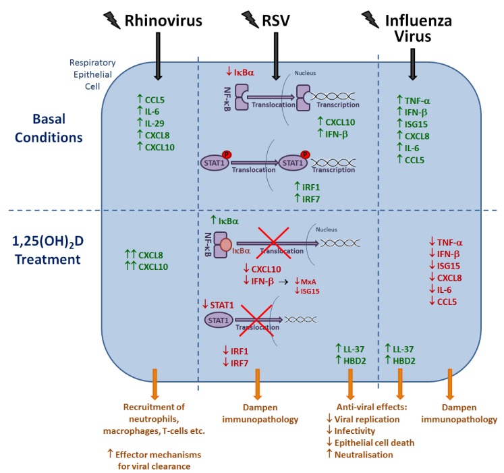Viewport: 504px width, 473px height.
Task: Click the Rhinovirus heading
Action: click(x=164, y=21)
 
